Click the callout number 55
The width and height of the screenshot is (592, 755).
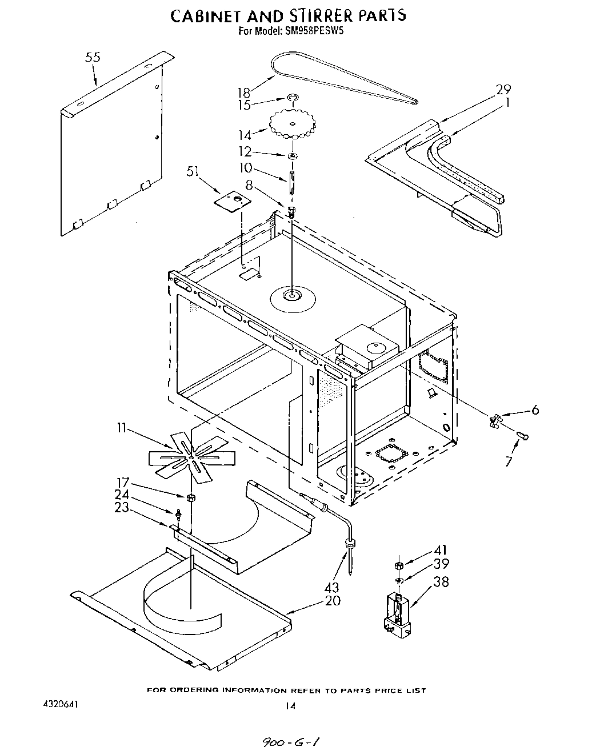(93, 57)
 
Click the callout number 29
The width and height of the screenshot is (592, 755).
(503, 90)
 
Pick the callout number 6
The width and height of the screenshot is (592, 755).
(534, 409)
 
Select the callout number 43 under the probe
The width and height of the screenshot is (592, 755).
(331, 587)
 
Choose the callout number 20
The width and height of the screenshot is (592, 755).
(333, 600)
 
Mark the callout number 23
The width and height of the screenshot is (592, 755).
(122, 507)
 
